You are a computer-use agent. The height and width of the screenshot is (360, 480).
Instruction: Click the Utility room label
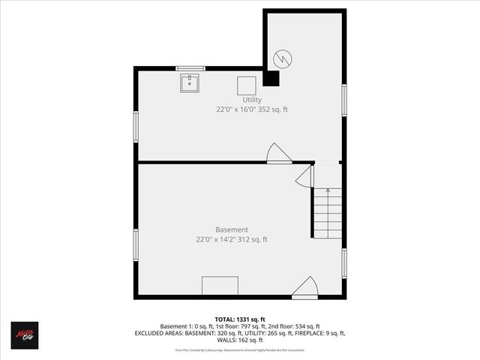[x=252, y=100]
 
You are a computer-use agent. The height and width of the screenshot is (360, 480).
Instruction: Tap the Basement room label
[x=232, y=229]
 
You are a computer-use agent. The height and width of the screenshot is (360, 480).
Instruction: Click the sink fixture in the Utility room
[x=189, y=82]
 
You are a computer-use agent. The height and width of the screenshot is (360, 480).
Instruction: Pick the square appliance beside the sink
[x=247, y=85]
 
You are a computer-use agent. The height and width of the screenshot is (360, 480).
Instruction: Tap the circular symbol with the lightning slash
[x=282, y=58]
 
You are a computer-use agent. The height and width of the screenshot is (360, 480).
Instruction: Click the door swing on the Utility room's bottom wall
[x=278, y=153]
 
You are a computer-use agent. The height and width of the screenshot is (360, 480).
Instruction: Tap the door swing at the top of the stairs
[x=304, y=177]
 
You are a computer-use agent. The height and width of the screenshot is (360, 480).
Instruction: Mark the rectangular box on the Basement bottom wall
[x=220, y=286]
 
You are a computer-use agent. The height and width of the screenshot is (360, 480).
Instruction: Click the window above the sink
[x=190, y=68]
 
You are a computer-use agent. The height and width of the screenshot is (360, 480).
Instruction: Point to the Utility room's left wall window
[x=136, y=126]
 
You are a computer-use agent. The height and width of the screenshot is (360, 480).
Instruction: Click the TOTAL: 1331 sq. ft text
[x=240, y=319]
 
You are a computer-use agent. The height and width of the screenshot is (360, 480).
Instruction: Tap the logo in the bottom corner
[x=24, y=334]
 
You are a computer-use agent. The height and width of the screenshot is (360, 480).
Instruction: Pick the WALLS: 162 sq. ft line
[x=240, y=340]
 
